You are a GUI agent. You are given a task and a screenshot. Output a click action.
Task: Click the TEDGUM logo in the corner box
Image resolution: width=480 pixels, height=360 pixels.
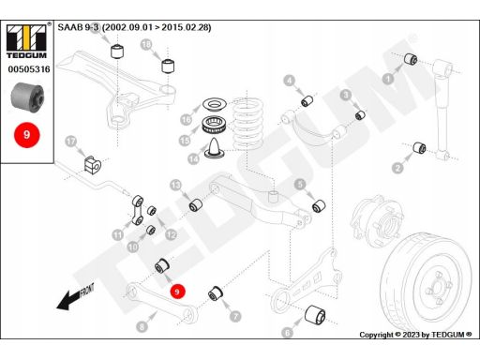(x=26, y=41)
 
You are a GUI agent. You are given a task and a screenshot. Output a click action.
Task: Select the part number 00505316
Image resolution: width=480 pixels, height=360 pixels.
(x=29, y=69)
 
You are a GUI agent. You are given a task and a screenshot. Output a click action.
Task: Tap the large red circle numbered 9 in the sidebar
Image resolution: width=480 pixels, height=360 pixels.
(x=27, y=135)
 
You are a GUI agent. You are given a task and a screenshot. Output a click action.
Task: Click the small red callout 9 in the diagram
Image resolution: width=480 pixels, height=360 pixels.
(x=177, y=292)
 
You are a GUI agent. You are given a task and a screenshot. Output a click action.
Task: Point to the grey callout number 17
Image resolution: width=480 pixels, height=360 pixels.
(x=71, y=142)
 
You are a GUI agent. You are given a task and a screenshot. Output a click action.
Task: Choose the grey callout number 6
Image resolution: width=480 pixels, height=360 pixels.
(x=287, y=333)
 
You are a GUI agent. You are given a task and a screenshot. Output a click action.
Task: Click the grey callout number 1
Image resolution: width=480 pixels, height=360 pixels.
(x=388, y=78)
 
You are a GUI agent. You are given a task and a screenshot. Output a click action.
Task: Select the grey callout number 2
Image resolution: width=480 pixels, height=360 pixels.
(x=397, y=168)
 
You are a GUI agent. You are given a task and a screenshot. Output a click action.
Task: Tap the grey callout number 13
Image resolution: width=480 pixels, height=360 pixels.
(x=175, y=186)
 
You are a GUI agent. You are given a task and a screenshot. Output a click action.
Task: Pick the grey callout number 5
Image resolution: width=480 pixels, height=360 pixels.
(x=300, y=184)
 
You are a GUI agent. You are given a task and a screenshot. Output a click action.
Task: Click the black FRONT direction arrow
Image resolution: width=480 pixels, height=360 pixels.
(x=75, y=297)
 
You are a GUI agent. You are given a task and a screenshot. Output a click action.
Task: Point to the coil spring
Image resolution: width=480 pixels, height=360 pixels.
(x=247, y=124)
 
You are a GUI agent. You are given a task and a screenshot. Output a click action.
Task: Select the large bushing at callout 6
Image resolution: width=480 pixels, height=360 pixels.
(x=315, y=315)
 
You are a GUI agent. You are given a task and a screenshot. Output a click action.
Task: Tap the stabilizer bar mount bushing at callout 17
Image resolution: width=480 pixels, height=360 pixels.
(x=93, y=164)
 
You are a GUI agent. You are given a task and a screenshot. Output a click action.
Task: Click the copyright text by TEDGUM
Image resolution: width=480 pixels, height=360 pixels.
(x=415, y=335)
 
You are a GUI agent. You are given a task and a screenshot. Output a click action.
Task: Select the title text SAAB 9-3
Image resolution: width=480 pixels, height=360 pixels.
(x=78, y=27)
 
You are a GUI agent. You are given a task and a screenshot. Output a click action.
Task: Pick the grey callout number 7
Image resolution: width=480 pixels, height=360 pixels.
(x=235, y=316)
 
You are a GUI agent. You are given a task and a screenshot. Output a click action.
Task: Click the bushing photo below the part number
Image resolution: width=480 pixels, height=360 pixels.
(x=27, y=97)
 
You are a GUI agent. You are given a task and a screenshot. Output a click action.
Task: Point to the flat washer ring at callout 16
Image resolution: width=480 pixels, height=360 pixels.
(x=214, y=104)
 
